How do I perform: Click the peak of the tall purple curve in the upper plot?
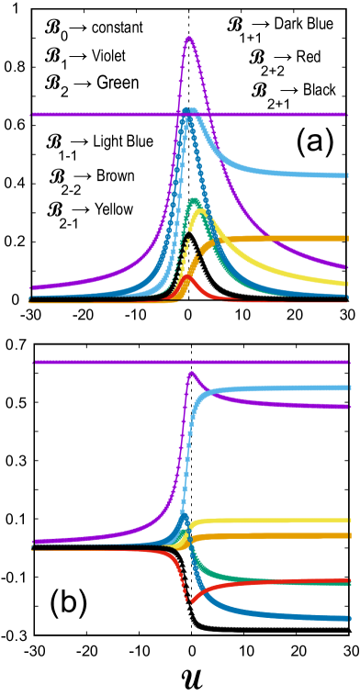pos(189,38)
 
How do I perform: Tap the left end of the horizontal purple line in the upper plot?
pos(32,115)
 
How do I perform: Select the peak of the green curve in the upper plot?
pos(194,199)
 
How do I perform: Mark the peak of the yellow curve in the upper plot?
pos(200,212)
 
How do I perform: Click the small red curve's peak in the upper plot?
pos(187,275)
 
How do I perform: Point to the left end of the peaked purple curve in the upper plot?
pos(32,287)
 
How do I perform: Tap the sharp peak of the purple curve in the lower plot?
pos(190,372)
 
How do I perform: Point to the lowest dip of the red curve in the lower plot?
pos(190,601)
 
